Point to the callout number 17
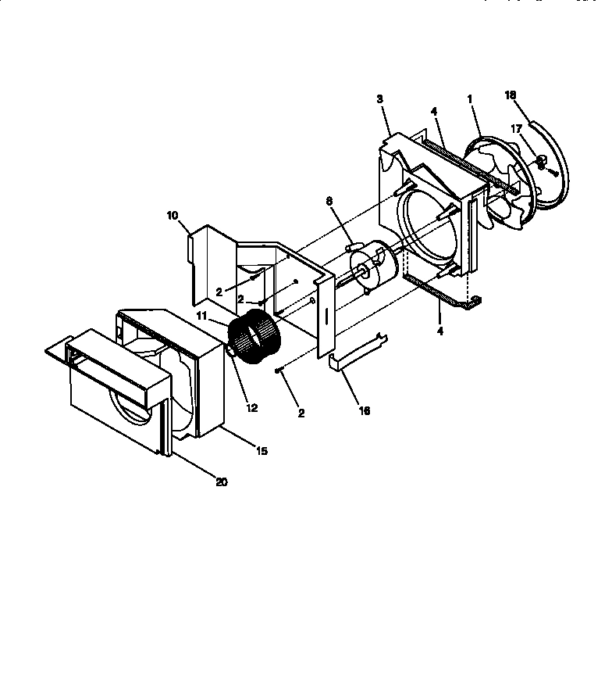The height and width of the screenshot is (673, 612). pos(516,129)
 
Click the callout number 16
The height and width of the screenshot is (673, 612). pos(365,410)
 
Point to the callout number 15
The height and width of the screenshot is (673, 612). pos(261,451)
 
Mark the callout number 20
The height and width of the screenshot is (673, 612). pos(222,482)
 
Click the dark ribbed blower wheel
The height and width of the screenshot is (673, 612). pos(254,338)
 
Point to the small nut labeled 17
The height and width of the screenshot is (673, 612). pos(539,160)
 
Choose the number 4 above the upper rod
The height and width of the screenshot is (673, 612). pos(434,111)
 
